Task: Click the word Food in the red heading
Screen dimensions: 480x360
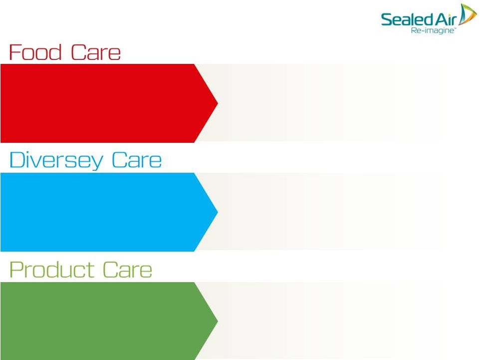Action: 35,52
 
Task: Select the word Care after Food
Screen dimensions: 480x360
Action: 96,52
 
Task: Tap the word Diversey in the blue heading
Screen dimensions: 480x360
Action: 56,160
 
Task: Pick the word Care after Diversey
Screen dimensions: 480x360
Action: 137,160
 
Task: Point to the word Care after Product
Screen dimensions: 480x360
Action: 127,270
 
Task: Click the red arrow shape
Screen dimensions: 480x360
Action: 109,103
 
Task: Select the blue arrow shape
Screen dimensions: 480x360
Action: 109,212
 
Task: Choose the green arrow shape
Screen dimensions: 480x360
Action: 109,321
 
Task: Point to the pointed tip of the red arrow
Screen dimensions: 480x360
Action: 218,103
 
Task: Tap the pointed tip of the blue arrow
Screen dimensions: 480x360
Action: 218,212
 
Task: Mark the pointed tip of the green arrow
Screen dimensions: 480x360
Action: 218,321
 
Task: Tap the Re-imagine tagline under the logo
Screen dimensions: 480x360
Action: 432,30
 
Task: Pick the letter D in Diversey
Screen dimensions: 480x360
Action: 17,160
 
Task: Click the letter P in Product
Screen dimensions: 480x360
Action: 16,269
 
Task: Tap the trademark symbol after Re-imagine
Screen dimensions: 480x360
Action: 455,28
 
